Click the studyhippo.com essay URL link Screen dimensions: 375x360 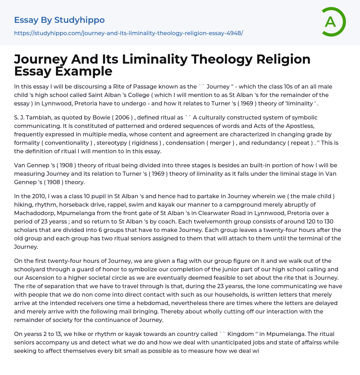pos(128,33)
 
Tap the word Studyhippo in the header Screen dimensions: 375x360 pos(79,20)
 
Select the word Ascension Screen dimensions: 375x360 pos(39,278)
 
